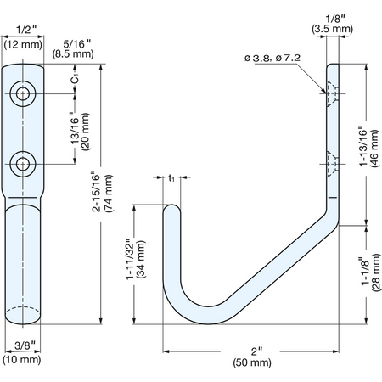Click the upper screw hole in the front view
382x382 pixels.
23,93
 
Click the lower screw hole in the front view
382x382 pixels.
23,164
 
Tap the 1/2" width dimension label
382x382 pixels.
26,30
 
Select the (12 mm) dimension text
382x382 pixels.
23,44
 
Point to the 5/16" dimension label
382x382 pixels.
76,44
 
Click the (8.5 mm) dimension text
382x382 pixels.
73,53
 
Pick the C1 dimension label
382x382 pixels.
75,78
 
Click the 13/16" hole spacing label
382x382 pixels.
76,128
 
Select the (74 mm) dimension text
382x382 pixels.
109,194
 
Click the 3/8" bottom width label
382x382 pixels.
25,345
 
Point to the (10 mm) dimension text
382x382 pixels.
22,360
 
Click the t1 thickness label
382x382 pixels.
171,178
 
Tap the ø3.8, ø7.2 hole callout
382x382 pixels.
272,58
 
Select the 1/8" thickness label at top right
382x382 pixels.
335,19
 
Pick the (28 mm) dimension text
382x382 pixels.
376,272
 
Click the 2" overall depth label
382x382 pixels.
256,351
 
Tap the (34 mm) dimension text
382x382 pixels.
141,260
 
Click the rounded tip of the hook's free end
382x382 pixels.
171,205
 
